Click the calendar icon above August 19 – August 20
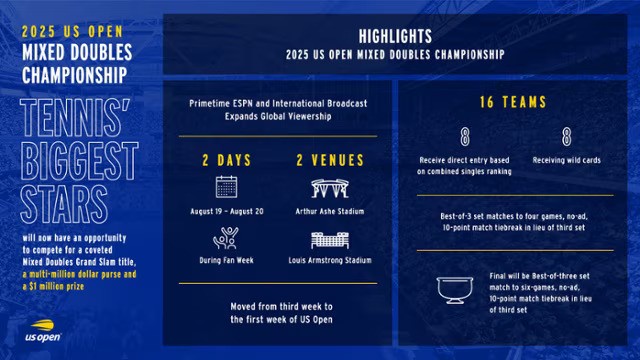point(227,187)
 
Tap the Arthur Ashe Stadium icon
point(330,188)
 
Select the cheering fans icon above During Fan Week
point(226,238)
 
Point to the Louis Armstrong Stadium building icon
point(330,240)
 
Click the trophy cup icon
point(455,290)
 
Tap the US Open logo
point(43,331)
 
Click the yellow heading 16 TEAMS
point(513,102)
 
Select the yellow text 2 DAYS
point(227,160)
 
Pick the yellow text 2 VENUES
point(330,160)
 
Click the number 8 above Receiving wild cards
point(567,137)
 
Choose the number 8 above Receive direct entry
point(464,137)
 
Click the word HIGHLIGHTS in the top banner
point(395,36)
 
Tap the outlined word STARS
point(64,204)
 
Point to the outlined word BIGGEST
point(80,161)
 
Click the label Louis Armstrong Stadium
point(330,260)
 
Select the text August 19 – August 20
point(227,211)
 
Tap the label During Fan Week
point(227,260)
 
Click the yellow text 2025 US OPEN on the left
point(73,31)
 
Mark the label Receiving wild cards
point(567,160)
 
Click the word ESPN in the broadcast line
point(243,104)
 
